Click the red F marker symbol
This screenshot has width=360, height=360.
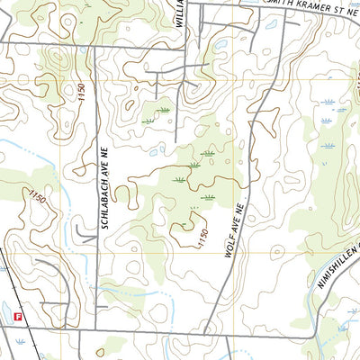(x=17, y=316)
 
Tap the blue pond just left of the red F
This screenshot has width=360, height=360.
(x=4, y=317)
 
